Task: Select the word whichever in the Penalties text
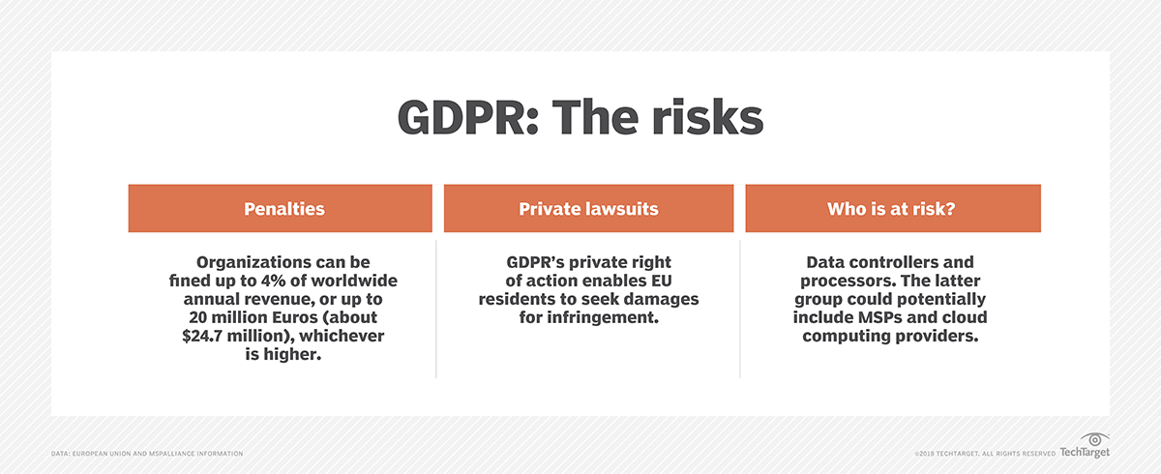[x=337, y=336]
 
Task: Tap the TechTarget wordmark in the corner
[x=1085, y=453]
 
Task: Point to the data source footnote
[x=147, y=454]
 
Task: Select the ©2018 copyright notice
[x=983, y=454]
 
